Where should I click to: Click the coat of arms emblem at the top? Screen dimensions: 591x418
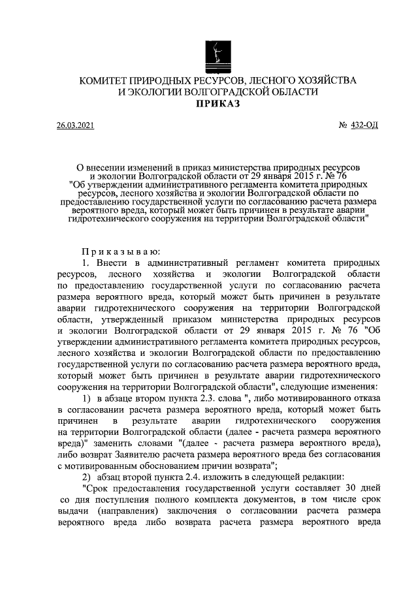coord(217,53)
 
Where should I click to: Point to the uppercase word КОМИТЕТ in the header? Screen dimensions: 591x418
coord(105,80)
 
